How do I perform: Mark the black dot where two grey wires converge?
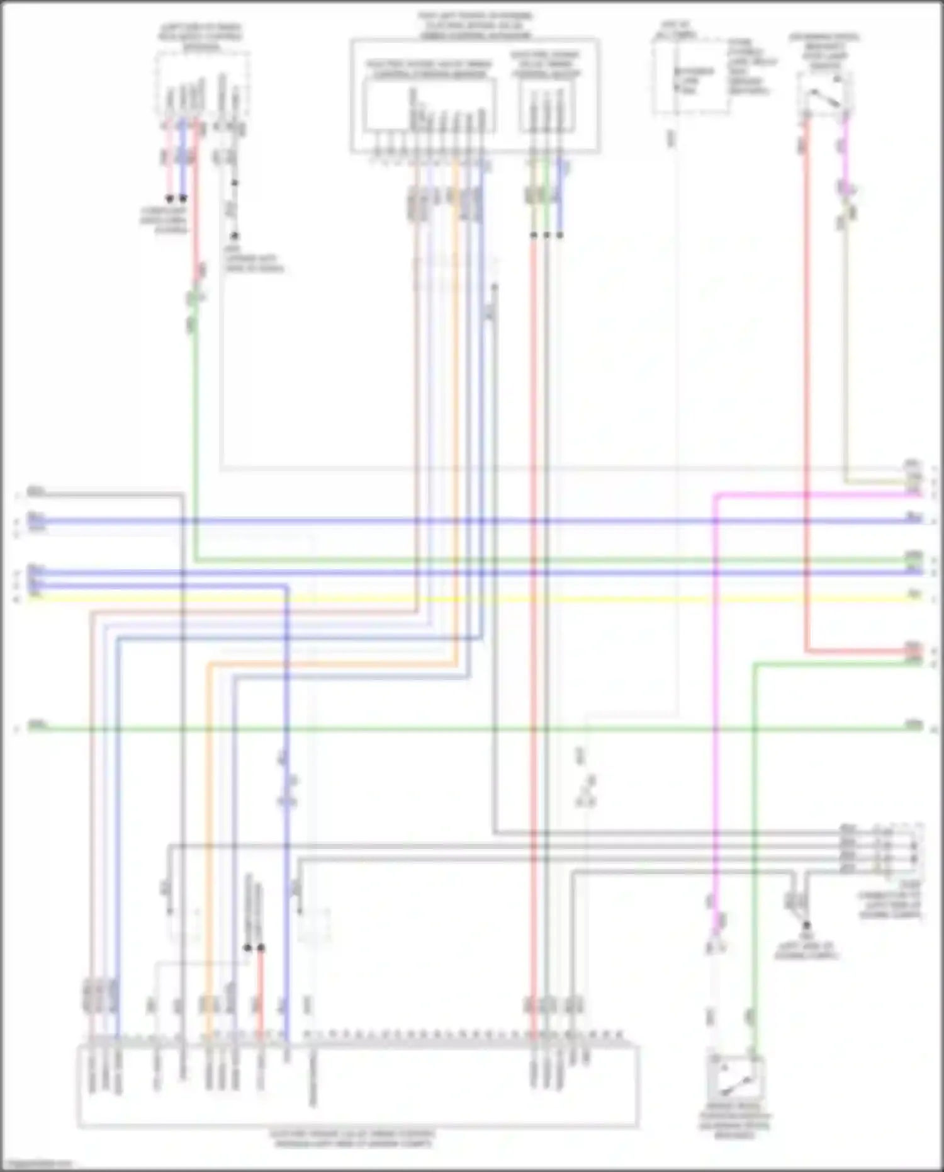[807, 925]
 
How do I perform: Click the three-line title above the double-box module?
[475, 25]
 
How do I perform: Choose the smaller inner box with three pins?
[546, 107]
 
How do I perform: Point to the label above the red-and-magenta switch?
[824, 50]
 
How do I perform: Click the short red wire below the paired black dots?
[261, 989]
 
